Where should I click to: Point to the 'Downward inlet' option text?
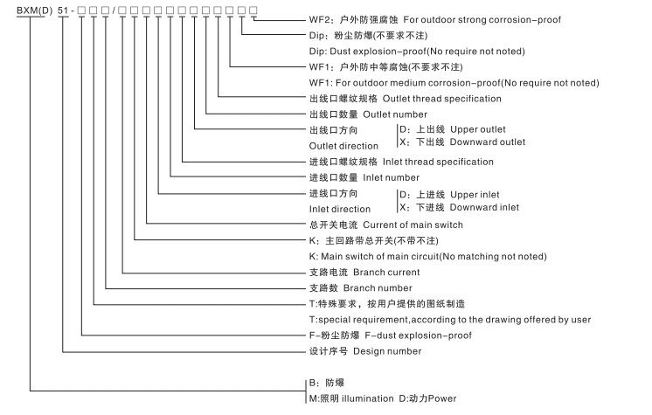(x=471, y=207)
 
